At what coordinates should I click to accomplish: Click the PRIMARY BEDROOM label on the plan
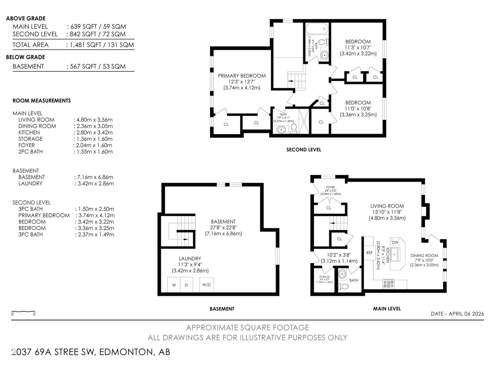point(242,76)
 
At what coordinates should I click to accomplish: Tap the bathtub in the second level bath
point(316,30)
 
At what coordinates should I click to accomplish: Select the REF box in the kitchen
point(369,253)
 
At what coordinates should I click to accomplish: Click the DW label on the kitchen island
point(395,242)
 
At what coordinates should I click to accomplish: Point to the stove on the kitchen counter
point(389,283)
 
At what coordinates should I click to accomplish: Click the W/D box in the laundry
point(206,285)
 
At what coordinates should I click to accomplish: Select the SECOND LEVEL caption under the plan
point(303,150)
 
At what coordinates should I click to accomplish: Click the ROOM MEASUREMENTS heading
point(41,101)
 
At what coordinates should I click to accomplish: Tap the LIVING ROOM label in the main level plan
point(387,206)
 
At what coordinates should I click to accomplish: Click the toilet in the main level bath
point(343,287)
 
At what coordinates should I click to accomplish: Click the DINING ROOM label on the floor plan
point(424,256)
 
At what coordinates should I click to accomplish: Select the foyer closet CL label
point(329,208)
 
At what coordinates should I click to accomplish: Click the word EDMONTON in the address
point(126,352)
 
